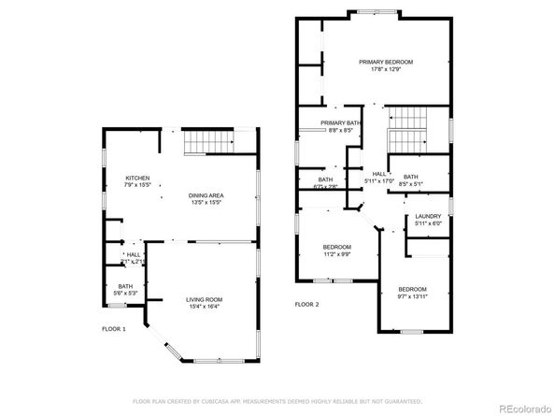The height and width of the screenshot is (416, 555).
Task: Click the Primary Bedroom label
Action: tap(386, 62)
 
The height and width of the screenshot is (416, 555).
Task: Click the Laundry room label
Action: tap(428, 215)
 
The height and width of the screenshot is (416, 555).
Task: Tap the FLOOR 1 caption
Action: tap(114, 329)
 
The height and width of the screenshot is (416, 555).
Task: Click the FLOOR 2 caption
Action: tap(306, 305)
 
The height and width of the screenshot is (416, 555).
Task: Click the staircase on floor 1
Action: tap(208, 142)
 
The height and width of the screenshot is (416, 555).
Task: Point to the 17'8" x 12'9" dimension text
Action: tap(386, 69)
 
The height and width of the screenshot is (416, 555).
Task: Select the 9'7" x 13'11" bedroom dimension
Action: tap(412, 296)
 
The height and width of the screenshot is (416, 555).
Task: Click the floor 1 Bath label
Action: tap(125, 286)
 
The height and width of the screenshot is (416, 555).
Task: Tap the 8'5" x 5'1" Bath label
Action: tap(410, 184)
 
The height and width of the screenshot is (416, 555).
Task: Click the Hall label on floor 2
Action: tap(379, 173)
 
